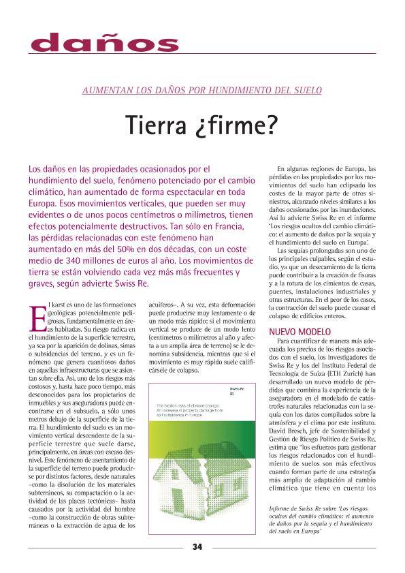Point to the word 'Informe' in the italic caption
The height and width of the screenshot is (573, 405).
pyautogui.click(x=282, y=510)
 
